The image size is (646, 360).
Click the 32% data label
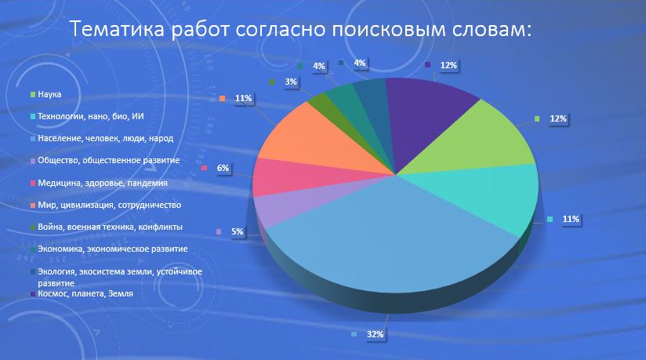point(375,334)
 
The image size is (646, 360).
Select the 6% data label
point(223,168)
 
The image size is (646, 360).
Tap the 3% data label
point(291,82)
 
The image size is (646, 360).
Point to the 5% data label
point(237,231)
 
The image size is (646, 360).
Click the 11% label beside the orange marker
point(243,98)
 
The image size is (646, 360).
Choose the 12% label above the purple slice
point(448,65)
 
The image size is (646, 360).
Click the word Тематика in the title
point(117,29)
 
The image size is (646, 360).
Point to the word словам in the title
point(488,29)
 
